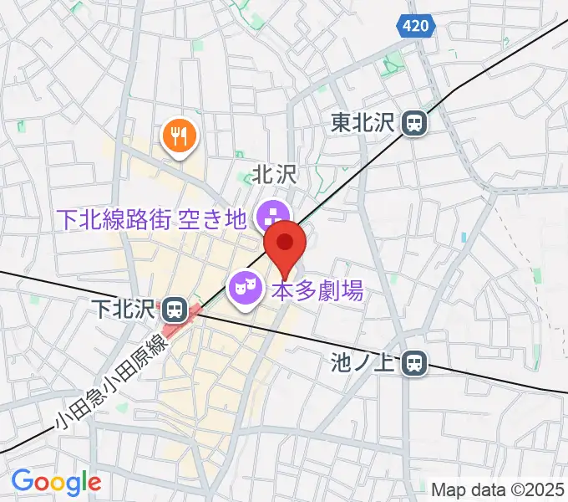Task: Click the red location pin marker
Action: click(x=285, y=243)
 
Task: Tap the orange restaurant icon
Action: click(x=179, y=133)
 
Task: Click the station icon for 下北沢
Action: click(x=174, y=310)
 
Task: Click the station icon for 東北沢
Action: click(x=413, y=124)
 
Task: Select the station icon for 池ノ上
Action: click(x=413, y=363)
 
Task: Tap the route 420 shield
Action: click(x=415, y=26)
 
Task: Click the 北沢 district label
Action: click(x=275, y=175)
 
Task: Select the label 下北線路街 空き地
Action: click(x=151, y=219)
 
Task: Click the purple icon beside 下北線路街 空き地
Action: click(x=270, y=216)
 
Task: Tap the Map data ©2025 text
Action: click(x=499, y=488)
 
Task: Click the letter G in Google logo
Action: click(x=22, y=481)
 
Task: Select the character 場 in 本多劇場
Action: click(x=352, y=291)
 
